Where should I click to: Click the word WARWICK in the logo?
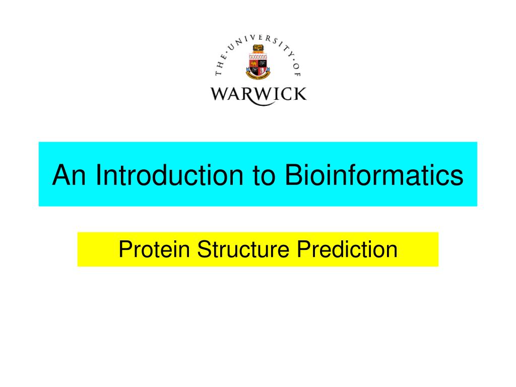coord(258,94)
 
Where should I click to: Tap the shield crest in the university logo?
coord(258,66)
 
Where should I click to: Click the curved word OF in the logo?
coord(296,71)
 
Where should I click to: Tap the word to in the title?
coord(262,175)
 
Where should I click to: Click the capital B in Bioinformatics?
coord(292,175)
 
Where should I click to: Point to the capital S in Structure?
coord(203,249)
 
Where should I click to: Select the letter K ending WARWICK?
coord(300,94)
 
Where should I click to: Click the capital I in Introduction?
coord(100,175)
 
